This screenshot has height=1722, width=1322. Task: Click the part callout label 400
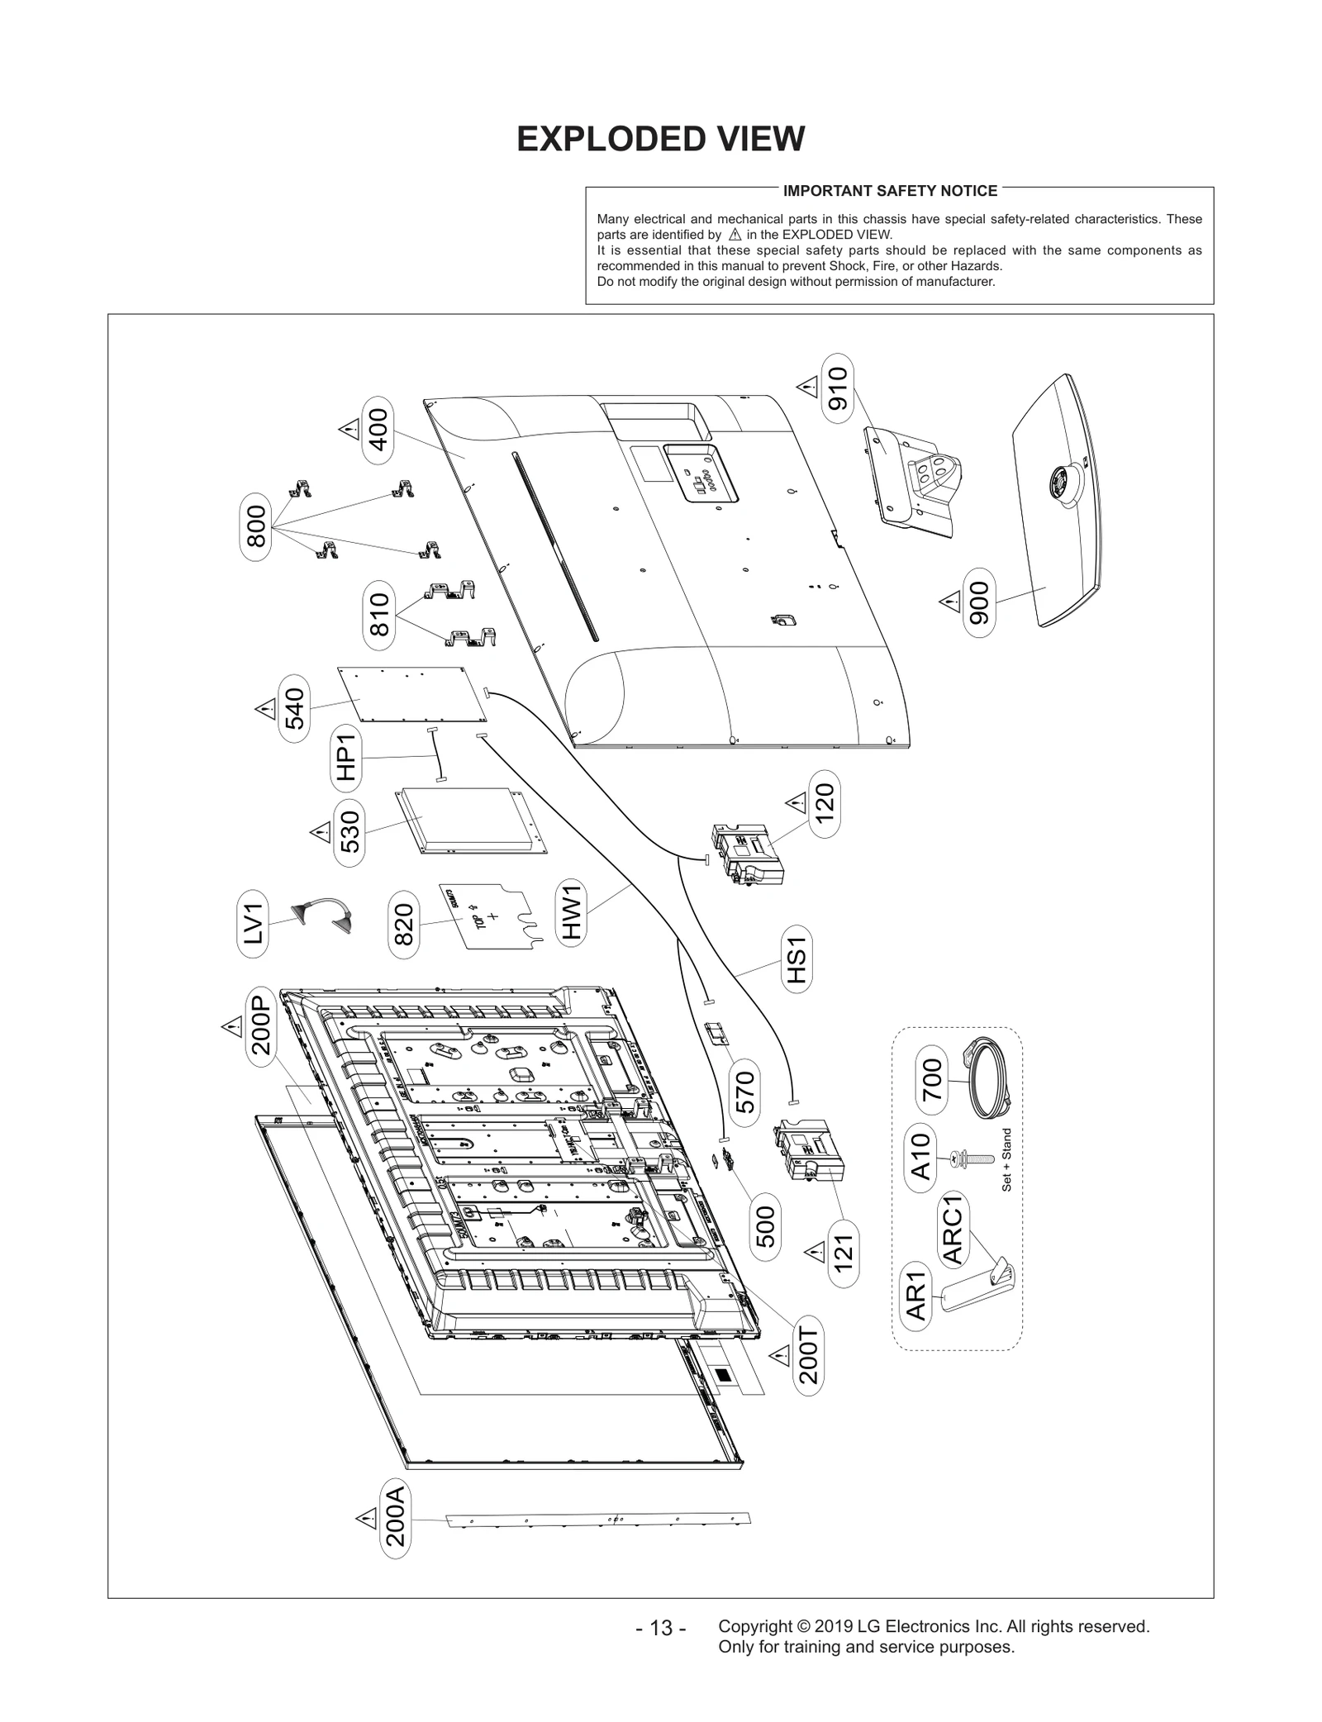(x=378, y=430)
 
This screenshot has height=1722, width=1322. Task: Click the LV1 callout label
(x=253, y=923)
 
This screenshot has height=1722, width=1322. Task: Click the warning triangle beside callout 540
(x=265, y=708)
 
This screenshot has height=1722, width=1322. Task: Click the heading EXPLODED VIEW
(x=660, y=140)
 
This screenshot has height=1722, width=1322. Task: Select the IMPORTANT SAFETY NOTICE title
(x=890, y=191)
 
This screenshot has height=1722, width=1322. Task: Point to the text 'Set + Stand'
(x=1006, y=1159)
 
